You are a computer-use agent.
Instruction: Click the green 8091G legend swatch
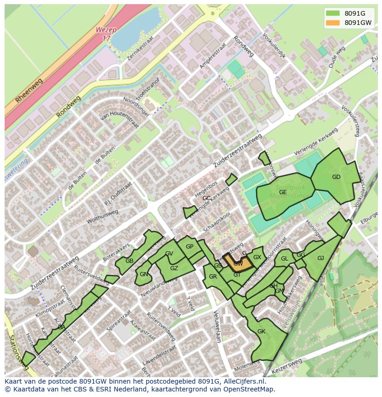pyautogui.click(x=332, y=13)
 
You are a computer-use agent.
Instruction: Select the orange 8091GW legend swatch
pyautogui.click(x=332, y=23)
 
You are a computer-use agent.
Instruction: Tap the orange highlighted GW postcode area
pyautogui.click(x=238, y=263)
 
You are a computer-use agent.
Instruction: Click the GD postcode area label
pyautogui.click(x=336, y=177)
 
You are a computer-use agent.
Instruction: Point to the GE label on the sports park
pyautogui.click(x=283, y=192)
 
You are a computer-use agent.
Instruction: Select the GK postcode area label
pyautogui.click(x=261, y=332)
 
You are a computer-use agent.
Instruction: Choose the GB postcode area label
pyautogui.click(x=129, y=261)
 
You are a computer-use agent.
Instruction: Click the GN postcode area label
pyautogui.click(x=144, y=274)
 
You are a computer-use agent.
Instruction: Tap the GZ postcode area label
pyautogui.click(x=174, y=268)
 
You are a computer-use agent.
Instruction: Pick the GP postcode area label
pyautogui.click(x=189, y=247)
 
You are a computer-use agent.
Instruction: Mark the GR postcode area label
pyautogui.click(x=213, y=277)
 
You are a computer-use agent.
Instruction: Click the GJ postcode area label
pyautogui.click(x=321, y=258)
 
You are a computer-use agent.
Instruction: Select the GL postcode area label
pyautogui.click(x=284, y=259)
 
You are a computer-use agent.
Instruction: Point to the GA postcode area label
pyautogui.click(x=61, y=327)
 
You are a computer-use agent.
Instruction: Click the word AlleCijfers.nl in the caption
pyautogui.click(x=244, y=381)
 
